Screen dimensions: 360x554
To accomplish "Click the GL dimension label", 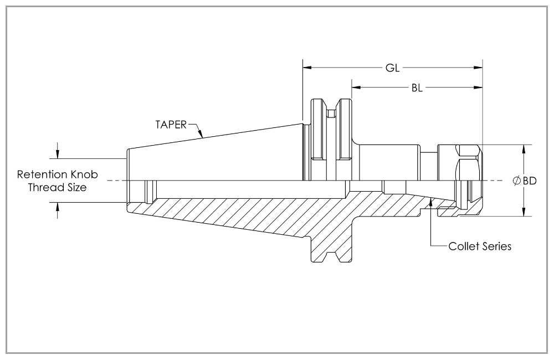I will pos(393,68).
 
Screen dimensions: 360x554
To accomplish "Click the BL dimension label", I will pos(417,88).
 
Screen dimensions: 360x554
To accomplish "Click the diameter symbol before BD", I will pos(516,181).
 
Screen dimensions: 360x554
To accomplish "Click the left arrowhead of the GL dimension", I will pos(306,68).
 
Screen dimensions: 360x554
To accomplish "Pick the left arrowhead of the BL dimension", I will pos(355,88).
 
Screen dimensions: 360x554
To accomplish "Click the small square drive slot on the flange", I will pos(331,114).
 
